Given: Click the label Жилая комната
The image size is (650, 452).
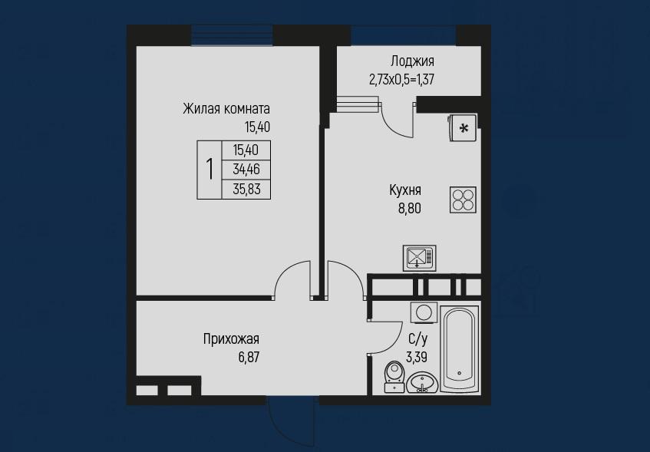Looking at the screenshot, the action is (x=226, y=109).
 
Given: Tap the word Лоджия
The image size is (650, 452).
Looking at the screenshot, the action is (x=412, y=61).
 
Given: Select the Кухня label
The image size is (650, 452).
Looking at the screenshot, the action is (x=405, y=190).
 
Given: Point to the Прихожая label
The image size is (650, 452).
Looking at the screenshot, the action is (x=231, y=338).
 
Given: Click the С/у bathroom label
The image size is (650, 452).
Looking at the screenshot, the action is (x=417, y=338).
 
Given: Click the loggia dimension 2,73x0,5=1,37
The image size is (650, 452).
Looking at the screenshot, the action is (x=401, y=79).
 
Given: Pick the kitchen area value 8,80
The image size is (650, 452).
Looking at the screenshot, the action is (x=410, y=208).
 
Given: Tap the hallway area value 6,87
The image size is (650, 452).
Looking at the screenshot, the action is (x=249, y=357).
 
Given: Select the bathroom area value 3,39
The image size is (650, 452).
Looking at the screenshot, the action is (x=417, y=357).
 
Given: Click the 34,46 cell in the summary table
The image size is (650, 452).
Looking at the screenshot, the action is (x=246, y=169).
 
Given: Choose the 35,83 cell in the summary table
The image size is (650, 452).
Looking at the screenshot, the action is (x=246, y=189).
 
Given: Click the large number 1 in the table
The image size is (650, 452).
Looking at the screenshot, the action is (x=210, y=169).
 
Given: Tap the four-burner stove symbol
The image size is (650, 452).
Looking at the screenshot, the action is (x=463, y=200).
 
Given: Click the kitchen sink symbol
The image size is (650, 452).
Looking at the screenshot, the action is (x=420, y=258).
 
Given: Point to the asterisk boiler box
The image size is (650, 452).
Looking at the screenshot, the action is (x=463, y=128).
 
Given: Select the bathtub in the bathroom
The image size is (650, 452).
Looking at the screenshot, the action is (x=460, y=349).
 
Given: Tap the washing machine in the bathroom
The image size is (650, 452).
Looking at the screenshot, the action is (x=424, y=312).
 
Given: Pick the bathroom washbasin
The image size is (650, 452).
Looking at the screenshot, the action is (x=421, y=382).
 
